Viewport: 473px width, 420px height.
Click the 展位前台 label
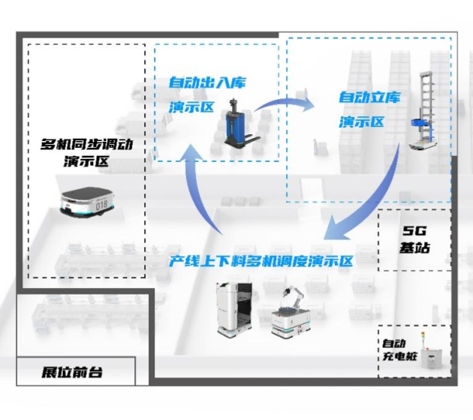[x=72, y=373]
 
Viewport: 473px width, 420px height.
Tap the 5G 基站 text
[x=414, y=239]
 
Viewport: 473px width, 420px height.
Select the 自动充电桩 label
[x=399, y=349]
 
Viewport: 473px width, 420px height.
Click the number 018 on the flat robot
[x=101, y=205]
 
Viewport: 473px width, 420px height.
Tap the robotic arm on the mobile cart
[x=294, y=297]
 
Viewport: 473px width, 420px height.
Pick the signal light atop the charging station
[x=423, y=340]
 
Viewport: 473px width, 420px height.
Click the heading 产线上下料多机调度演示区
[x=261, y=261]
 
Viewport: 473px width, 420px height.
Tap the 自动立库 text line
[x=369, y=97]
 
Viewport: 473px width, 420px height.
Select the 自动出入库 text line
[x=207, y=82]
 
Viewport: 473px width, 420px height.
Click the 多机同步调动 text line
[x=86, y=144]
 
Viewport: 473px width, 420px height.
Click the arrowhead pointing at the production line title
[x=336, y=228]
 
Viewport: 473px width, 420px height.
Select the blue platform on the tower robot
[x=420, y=123]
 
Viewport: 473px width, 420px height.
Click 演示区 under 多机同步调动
[x=86, y=161]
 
